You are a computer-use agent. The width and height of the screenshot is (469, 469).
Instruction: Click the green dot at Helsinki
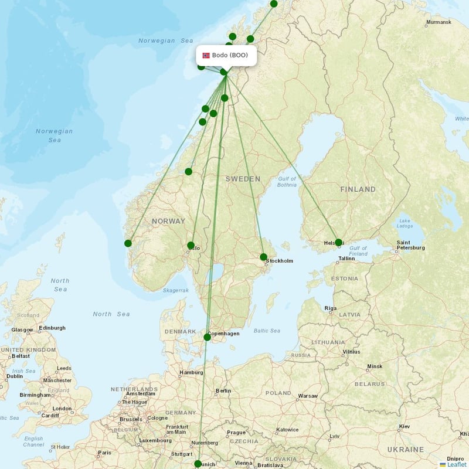[338, 242]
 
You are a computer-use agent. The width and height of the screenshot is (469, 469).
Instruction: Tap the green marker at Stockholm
[264, 257]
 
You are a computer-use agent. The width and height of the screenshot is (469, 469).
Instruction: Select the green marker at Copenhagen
[207, 337]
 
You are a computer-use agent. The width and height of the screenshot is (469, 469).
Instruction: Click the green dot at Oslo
[191, 245]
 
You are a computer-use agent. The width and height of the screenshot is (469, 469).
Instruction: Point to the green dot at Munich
[197, 464]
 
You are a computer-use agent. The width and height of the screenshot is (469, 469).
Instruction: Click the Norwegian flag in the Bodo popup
[206, 56]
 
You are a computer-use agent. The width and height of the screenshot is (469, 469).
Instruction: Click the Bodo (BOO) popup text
[230, 56]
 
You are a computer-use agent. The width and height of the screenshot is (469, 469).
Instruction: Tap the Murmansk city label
[439, 22]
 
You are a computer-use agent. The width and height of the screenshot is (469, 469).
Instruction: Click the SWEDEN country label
[243, 178]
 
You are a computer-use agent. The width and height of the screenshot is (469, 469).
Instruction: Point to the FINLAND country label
[358, 189]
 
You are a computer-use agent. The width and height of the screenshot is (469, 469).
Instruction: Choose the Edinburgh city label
[52, 328]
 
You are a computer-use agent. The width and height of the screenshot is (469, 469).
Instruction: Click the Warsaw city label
[307, 396]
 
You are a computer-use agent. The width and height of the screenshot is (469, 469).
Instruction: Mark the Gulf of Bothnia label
[287, 182]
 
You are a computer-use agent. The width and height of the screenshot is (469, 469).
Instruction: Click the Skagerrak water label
[176, 290]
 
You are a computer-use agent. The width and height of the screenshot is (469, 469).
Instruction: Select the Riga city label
[330, 308]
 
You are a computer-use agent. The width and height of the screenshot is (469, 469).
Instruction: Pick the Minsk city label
[374, 366]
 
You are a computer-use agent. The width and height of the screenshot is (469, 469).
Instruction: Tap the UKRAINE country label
[405, 450]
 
